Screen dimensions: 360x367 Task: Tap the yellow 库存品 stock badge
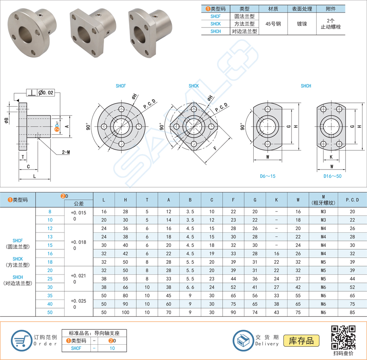tap(301, 340)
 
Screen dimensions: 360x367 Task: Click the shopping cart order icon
tap(20, 340)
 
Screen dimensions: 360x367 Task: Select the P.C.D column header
tap(352, 200)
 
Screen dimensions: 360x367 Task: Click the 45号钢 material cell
tap(273, 23)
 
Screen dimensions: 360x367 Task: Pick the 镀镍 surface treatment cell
tap(302, 23)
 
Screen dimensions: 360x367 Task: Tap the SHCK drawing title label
tap(194, 86)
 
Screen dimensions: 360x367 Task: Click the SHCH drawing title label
tap(306, 86)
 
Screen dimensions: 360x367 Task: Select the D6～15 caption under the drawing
tap(267, 176)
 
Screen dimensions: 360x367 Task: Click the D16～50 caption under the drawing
tap(332, 176)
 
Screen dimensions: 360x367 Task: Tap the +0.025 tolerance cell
tap(79, 301)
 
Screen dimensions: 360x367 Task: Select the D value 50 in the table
tap(50, 312)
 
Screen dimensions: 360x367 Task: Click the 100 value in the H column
tap(125, 312)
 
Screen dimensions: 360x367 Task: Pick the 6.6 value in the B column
tap(190, 287)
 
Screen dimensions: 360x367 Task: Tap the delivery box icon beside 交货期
tap(243, 340)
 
